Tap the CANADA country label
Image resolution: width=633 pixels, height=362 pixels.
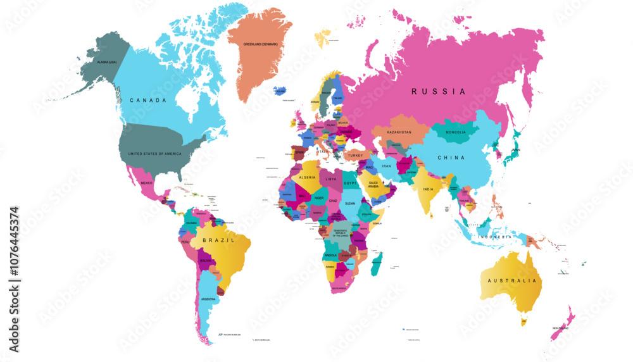pos(147,101)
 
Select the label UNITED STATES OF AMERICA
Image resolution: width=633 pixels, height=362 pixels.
pos(154,154)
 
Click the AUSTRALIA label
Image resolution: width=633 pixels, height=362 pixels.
pos(512,280)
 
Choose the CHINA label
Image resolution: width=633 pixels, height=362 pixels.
pos(451,158)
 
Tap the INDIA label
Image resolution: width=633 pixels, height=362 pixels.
pos(428,189)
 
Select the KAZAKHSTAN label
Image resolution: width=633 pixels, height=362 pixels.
pos(399,132)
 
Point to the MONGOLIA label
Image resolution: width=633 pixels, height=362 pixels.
pos(456,132)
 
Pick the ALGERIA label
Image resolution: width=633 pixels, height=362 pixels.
pos(307,178)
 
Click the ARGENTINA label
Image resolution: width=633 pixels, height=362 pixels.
pos(208,299)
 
